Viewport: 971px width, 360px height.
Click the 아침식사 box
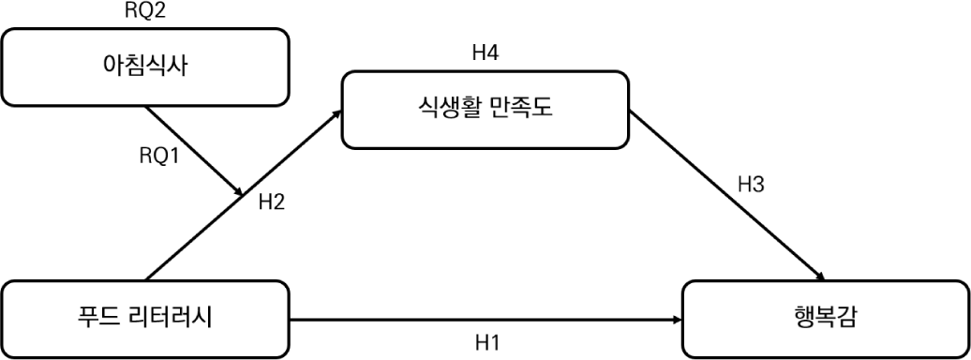[145, 67]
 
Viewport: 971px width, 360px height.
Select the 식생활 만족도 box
[485, 110]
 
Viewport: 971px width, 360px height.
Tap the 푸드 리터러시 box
[145, 319]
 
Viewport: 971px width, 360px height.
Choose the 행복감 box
[826, 319]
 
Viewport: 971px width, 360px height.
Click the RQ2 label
[145, 10]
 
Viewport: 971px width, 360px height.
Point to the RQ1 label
[158, 157]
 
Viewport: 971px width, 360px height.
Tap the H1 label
[487, 342]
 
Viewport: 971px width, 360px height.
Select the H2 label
[272, 202]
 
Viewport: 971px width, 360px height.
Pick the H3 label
[751, 184]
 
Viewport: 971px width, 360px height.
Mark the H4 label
[485, 53]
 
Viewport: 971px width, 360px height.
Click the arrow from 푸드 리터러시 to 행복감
[486, 320]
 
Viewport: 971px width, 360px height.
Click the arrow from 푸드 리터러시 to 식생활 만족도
[243, 195]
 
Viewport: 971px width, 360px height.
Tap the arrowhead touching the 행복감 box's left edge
[678, 320]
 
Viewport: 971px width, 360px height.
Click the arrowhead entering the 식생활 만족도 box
[337, 113]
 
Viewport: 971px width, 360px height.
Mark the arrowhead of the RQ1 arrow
[238, 192]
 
